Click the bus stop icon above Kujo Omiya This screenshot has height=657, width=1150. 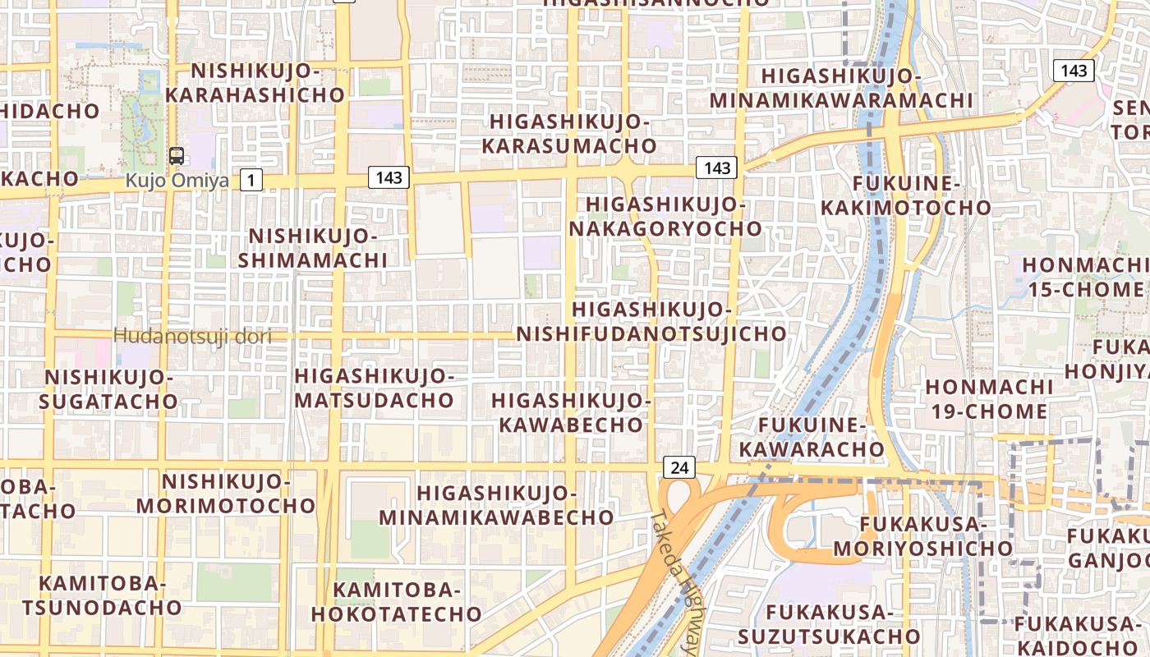coord(176,155)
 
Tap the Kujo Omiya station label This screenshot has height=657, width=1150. coord(177,180)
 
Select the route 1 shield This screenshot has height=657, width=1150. coord(251,180)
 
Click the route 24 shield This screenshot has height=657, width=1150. coord(679,468)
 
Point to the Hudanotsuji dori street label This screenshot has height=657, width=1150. coord(192,336)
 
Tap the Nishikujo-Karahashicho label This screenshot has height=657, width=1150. coord(255,83)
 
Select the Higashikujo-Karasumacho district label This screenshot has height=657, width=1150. coord(569,134)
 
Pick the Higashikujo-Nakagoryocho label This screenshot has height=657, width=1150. coord(665,216)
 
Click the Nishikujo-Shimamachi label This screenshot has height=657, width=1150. coord(312,248)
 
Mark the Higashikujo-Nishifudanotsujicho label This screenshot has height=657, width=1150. coord(651,321)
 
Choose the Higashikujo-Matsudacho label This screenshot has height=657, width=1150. coord(374,388)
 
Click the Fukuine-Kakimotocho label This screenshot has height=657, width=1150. coord(906,195)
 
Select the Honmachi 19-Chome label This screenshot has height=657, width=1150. coord(989,398)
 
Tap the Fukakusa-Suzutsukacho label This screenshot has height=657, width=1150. coord(828,624)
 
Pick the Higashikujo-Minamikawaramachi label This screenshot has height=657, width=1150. coord(841,88)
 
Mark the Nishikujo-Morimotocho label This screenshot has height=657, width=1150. coord(226,493)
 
